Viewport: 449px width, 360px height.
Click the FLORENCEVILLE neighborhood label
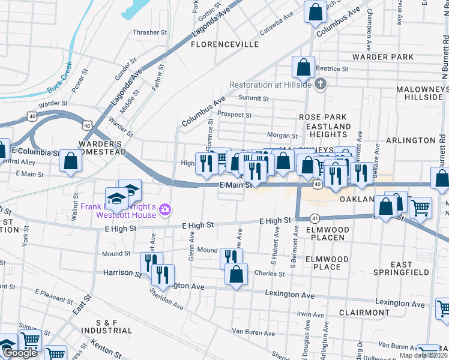[224, 44]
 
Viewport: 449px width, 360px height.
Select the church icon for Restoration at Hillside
[321, 84]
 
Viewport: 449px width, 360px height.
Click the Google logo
[20, 353]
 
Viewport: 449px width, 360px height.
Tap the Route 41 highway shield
[315, 219]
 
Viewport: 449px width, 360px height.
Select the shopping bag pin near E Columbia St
[71, 161]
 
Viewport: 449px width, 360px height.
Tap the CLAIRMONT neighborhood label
[364, 313]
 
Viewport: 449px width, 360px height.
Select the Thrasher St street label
[149, 32]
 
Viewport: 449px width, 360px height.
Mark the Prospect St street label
[234, 114]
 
